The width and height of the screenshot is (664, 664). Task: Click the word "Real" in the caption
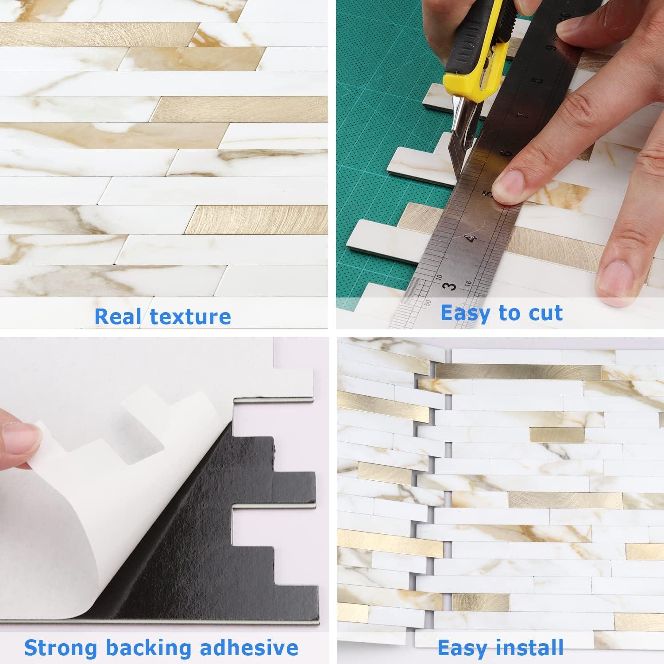click(x=119, y=317)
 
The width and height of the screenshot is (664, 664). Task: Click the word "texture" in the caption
click(x=190, y=317)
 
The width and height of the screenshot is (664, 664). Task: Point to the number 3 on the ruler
click(x=450, y=286)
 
